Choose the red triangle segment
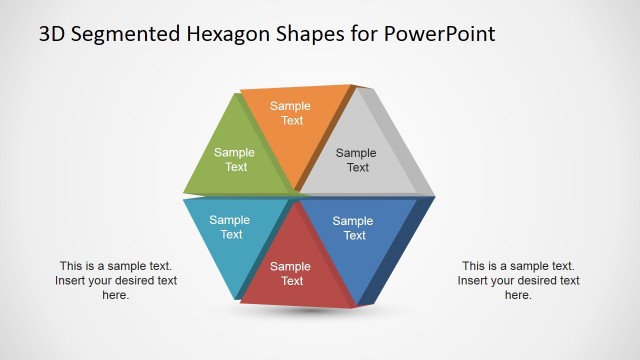[x=293, y=265]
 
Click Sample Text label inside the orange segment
[x=291, y=113]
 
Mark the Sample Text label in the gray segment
[x=356, y=160]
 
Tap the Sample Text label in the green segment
[x=235, y=160]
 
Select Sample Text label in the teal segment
[x=230, y=227]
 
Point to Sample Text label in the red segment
[x=291, y=273]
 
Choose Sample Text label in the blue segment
[x=353, y=228]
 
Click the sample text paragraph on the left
[x=116, y=280]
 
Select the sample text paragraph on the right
[x=518, y=280]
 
